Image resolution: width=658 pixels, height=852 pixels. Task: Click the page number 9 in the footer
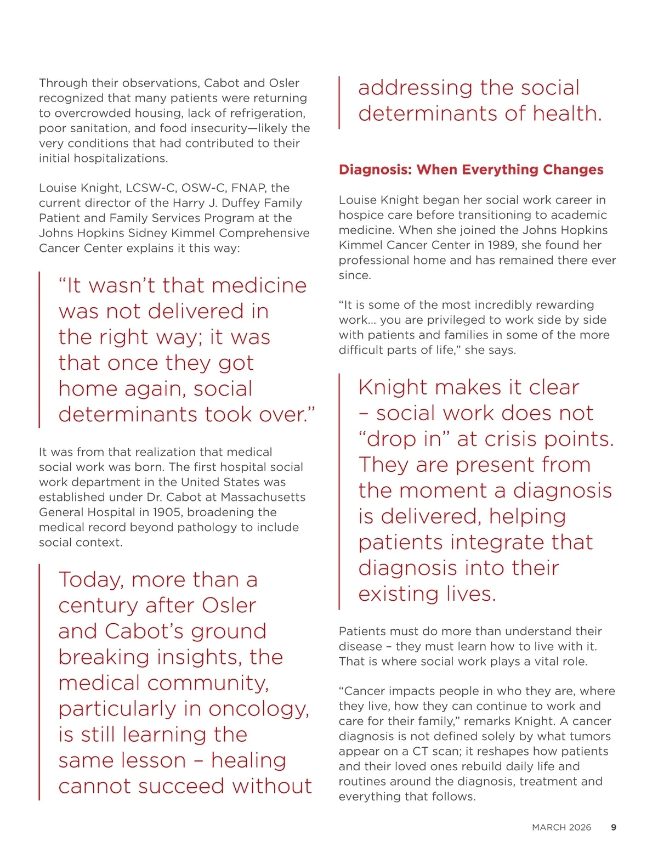coord(614,827)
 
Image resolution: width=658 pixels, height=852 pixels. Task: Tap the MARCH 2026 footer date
coord(561,827)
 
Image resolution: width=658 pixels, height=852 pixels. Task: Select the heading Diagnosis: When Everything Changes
coord(471,170)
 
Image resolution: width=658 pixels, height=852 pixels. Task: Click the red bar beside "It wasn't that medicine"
coord(39,349)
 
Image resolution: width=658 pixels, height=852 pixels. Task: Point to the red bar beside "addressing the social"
coord(339,102)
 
